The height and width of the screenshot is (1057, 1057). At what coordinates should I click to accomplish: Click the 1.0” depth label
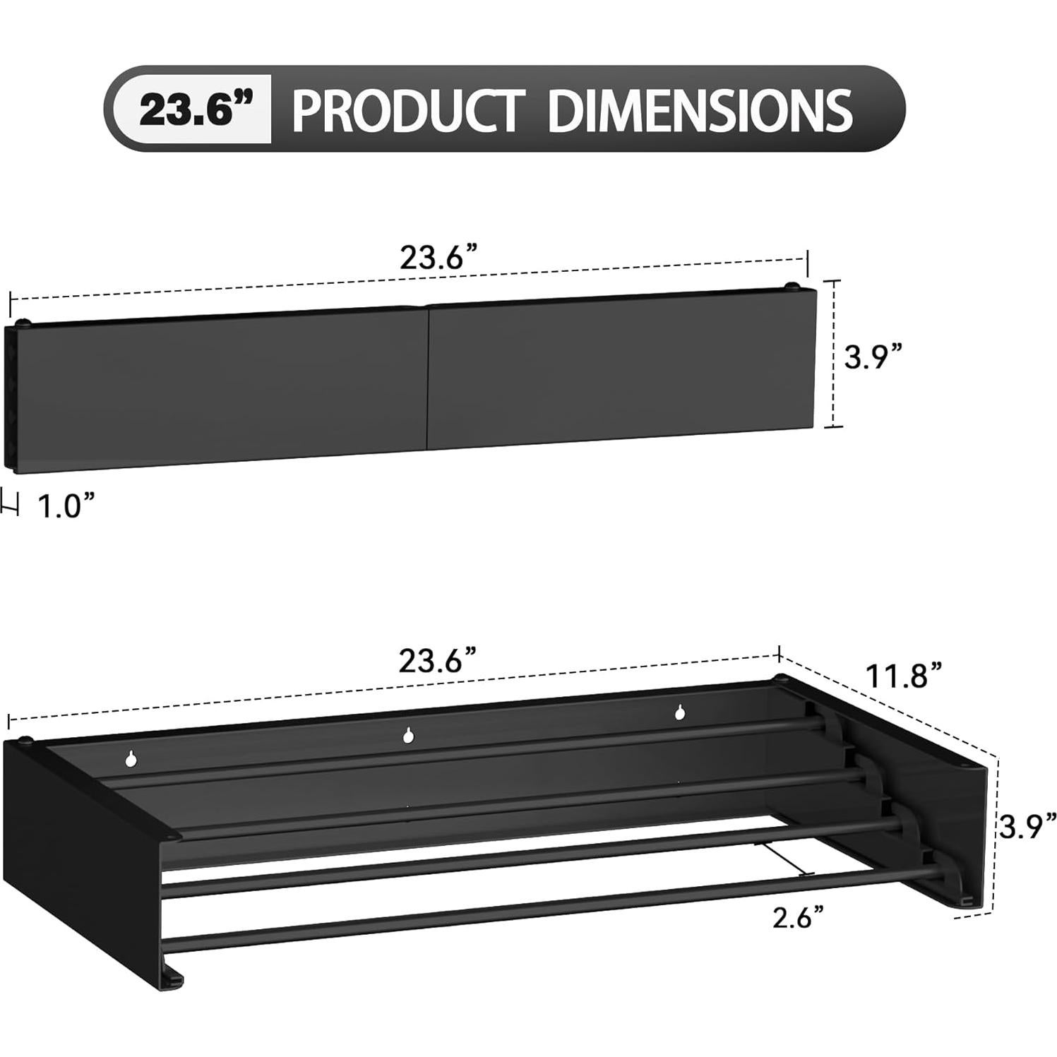[x=65, y=507]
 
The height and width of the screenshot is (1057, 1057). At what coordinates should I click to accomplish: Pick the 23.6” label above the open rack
[x=440, y=661]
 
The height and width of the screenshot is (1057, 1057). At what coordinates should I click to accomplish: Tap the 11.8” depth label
[x=904, y=675]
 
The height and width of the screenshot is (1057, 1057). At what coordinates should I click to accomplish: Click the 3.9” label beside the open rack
[x=1027, y=825]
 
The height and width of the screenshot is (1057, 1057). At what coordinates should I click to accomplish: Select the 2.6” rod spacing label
[x=799, y=918]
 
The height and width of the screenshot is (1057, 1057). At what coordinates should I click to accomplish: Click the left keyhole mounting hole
[x=130, y=759]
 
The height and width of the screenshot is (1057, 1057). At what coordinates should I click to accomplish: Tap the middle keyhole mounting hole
[x=408, y=736]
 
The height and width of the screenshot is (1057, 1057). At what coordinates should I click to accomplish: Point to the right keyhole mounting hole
[x=679, y=712]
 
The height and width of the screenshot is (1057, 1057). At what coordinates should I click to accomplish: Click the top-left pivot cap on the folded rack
[x=25, y=323]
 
